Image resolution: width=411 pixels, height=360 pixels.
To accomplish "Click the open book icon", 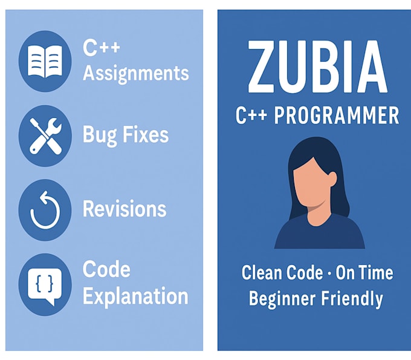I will pyautogui.click(x=45, y=61).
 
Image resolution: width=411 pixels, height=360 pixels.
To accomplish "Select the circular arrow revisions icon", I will pyautogui.click(x=45, y=210).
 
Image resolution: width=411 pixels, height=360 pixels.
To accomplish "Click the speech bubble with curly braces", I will pyautogui.click(x=45, y=284).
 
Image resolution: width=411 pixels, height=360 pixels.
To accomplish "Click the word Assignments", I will pyautogui.click(x=135, y=74).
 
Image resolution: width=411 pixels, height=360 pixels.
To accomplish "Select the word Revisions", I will pyautogui.click(x=125, y=209).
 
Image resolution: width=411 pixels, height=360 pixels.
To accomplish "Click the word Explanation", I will pyautogui.click(x=135, y=296).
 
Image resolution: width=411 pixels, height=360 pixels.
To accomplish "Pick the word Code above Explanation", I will pyautogui.click(x=106, y=269).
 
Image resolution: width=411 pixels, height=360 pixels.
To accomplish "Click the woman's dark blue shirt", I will pyautogui.click(x=319, y=233).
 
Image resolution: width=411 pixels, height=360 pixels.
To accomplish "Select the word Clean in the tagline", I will pyautogui.click(x=262, y=273).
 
